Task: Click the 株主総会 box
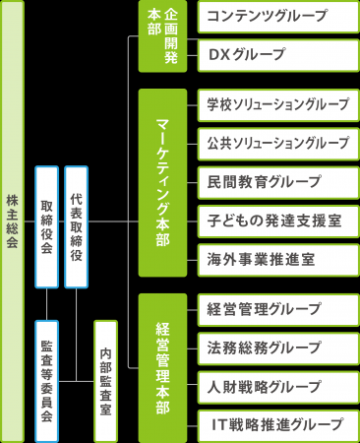pos(12,221)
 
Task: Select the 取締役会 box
pos(46,227)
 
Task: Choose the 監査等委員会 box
pos(46,380)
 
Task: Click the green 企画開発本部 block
pos(161,37)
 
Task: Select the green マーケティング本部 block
pos(161,183)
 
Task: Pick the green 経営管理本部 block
pos(161,367)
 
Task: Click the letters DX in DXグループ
pos(219,54)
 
